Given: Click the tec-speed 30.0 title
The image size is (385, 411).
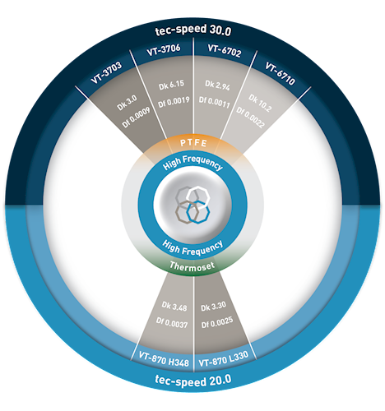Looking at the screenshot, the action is pos(193,30).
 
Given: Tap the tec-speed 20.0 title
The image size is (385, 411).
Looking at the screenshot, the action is pos(193,381).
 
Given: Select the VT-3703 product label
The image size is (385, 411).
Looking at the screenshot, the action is pos(106,72).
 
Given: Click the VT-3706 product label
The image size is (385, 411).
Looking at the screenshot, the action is pos(164,50).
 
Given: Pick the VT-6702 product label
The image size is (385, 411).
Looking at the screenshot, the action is pos(225,51).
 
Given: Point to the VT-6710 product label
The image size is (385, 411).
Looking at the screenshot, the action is pos(280,73).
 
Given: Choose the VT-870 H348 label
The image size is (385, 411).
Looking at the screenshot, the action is pos(164,359).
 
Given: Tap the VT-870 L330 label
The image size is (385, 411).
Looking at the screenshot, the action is pos(224,358).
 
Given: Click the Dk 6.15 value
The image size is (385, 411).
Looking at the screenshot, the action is pos(171,85).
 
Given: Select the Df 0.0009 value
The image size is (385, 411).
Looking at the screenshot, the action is pos(137,118).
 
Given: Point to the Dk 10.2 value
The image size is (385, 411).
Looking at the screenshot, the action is pos(260,103).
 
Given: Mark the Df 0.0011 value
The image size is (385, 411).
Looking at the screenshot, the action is pos(215,103).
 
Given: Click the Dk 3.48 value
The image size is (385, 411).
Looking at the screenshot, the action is pos(174,306).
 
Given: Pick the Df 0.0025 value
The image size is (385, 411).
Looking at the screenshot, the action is pos(217,322).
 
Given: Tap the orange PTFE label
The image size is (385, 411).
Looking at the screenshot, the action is pos(193,143).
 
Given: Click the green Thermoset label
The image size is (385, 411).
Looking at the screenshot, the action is pos(192,266).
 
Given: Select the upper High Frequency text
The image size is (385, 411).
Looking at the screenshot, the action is pos(192,163).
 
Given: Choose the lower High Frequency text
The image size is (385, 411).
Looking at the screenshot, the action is pos(192,247).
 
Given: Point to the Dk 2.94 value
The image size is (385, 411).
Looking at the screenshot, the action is pos(218,85).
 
